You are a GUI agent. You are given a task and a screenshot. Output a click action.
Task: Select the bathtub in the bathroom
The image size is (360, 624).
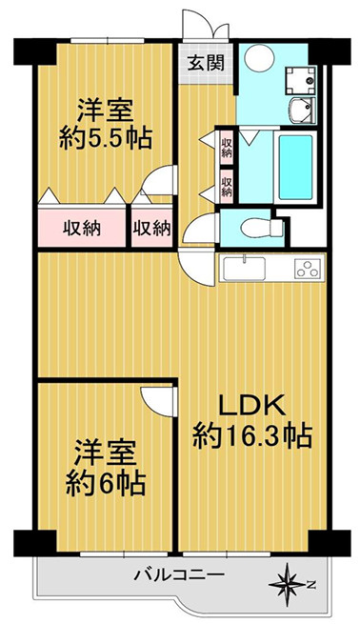click(296, 161)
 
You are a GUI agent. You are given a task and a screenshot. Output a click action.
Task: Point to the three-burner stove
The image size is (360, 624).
click(306, 269)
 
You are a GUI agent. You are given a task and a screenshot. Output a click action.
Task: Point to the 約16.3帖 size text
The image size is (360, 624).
click(252, 438)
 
